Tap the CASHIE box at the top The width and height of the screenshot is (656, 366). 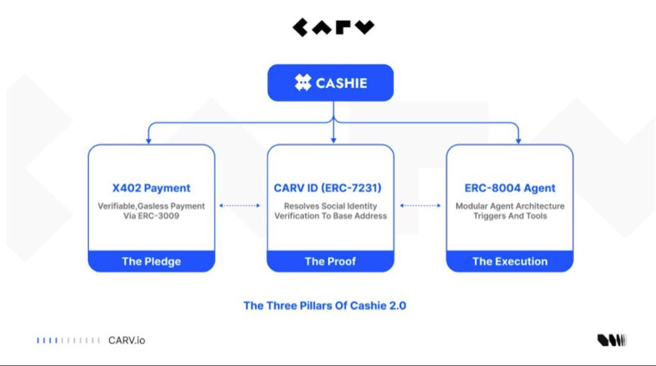[x=330, y=83]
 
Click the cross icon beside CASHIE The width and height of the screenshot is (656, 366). [x=302, y=83]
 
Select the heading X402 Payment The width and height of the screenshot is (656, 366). [x=151, y=188]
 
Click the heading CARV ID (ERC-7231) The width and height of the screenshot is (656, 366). [x=331, y=188]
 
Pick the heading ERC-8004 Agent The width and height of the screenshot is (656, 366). [x=510, y=188]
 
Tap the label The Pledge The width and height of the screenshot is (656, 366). [x=151, y=261]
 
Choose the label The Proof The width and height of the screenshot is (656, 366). [x=331, y=261]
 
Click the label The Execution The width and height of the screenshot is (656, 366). [x=510, y=261]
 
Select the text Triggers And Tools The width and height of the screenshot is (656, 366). [x=510, y=216]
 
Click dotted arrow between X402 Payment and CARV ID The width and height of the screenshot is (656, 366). [x=240, y=206]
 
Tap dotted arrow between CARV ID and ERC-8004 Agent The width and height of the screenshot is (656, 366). [x=420, y=206]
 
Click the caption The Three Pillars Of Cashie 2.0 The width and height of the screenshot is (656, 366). [x=325, y=305]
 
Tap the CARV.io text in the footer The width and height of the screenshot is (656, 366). [x=127, y=340]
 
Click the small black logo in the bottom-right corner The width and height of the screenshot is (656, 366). [x=612, y=340]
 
